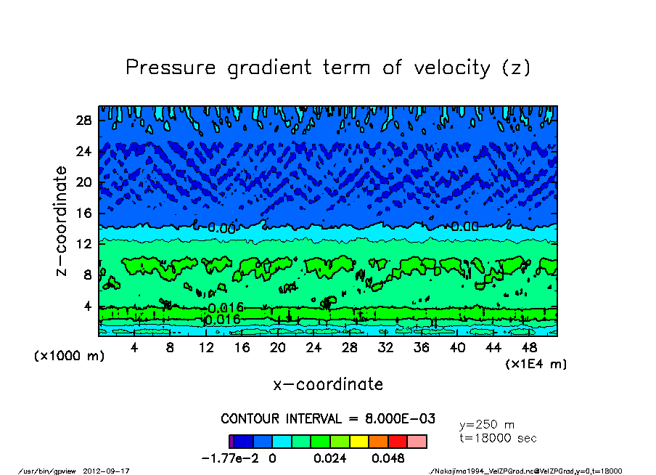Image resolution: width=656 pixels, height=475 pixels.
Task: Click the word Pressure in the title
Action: click(x=171, y=68)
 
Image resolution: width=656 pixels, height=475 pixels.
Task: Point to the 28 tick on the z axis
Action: click(x=84, y=121)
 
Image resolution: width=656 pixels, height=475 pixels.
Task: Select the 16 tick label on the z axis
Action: click(x=84, y=213)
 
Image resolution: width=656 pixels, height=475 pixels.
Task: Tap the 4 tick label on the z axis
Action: click(x=89, y=306)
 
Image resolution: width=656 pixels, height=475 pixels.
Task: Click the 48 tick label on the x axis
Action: click(x=528, y=348)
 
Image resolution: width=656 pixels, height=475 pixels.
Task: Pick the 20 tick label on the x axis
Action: click(x=277, y=348)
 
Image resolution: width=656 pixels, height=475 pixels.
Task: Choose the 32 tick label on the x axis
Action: click(x=385, y=348)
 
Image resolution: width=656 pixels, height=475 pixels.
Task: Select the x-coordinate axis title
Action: click(x=328, y=384)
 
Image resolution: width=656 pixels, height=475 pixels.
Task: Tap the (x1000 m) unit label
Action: click(x=65, y=357)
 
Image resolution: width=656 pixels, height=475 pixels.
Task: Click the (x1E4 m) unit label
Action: click(x=536, y=363)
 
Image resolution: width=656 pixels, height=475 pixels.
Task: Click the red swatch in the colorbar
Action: click(x=397, y=441)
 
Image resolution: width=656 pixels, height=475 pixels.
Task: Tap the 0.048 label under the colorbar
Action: click(x=388, y=458)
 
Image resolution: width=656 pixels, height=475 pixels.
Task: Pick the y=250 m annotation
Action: click(x=487, y=425)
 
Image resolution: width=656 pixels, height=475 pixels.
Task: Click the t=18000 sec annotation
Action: click(x=498, y=438)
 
